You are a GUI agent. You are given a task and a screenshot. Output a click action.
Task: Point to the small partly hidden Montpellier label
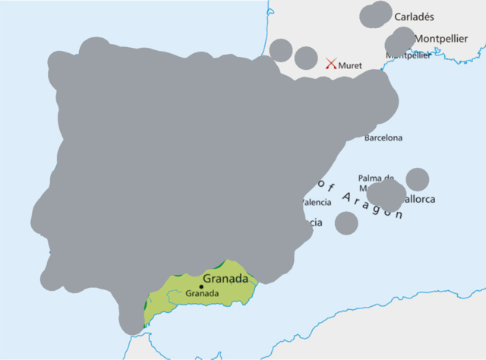409,55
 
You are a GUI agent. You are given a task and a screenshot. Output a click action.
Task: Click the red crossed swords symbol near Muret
331,65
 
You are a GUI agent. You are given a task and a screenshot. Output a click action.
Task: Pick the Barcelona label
383,138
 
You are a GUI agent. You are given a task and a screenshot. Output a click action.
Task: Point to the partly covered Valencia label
317,202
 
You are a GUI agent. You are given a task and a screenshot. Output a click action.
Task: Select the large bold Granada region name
226,279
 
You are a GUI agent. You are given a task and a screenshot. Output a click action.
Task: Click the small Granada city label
202,293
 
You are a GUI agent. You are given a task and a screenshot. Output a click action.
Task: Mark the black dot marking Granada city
201,286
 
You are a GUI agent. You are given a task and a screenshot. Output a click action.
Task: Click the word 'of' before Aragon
327,185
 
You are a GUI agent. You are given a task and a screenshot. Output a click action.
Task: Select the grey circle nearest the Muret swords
306,58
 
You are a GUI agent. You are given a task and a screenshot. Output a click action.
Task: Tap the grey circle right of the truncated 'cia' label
346,223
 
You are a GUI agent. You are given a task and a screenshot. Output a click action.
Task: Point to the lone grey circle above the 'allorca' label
417,179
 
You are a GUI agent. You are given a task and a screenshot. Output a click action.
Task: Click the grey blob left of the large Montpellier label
400,40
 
